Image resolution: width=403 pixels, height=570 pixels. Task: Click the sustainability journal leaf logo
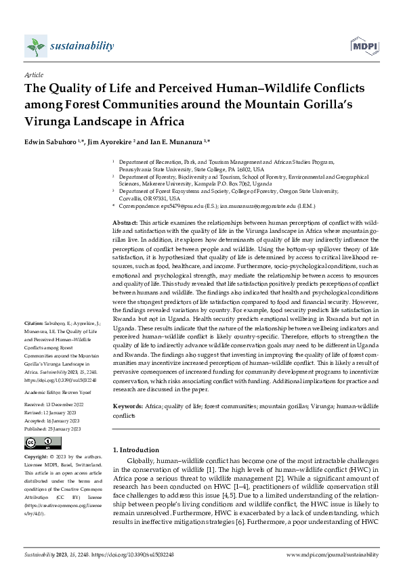pos(35,47)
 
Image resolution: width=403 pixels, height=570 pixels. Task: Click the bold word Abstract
pos(124,222)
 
